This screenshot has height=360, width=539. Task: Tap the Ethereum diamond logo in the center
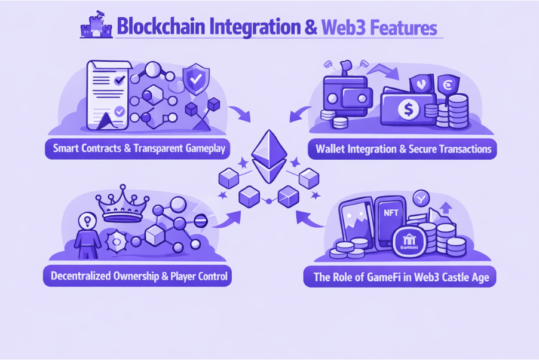click(x=269, y=156)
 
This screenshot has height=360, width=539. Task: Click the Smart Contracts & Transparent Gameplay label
click(x=139, y=148)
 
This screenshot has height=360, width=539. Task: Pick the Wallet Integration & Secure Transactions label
click(x=402, y=148)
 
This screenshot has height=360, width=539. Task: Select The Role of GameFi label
click(x=400, y=277)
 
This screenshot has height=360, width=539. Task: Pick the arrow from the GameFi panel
click(x=310, y=219)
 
